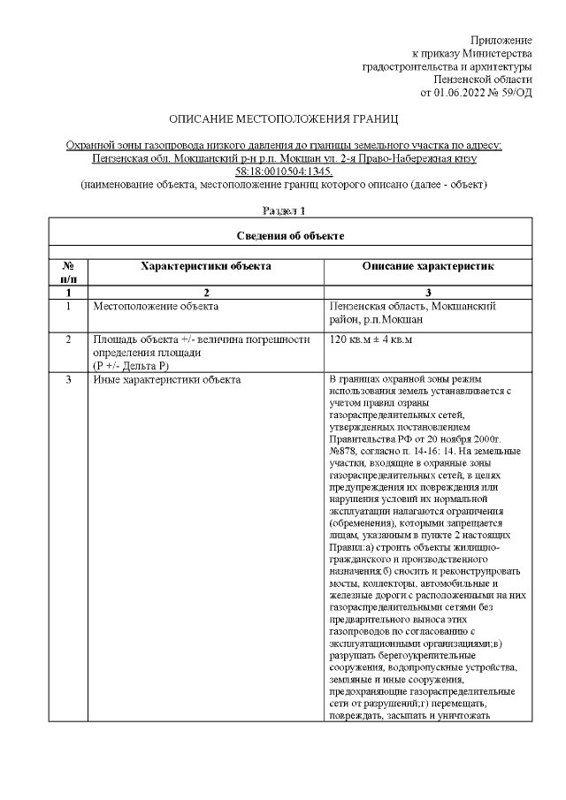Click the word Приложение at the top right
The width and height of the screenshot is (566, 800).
click(x=501, y=41)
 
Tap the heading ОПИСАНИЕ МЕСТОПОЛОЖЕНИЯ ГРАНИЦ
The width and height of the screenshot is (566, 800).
click(x=283, y=118)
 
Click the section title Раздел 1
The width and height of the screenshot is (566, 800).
click(x=283, y=210)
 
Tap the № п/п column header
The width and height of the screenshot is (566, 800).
click(x=68, y=272)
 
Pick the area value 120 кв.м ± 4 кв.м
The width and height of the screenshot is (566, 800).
click(x=371, y=339)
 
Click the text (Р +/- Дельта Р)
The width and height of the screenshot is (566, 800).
click(x=131, y=364)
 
